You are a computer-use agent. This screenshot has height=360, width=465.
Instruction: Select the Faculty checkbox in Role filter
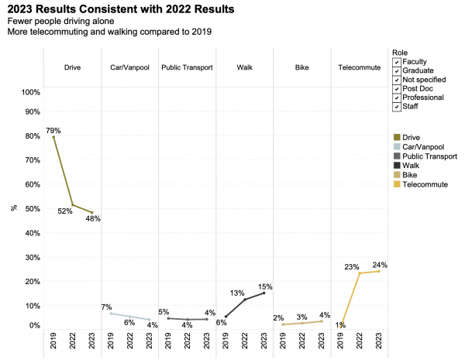point(397,61)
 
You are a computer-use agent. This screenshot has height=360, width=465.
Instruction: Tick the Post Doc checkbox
point(397,88)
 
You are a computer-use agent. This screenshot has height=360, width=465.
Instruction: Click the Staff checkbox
point(397,106)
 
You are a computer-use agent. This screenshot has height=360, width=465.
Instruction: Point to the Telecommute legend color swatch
point(397,184)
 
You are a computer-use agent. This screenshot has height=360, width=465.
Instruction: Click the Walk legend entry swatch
point(397,166)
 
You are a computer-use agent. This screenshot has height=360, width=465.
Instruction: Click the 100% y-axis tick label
point(29,92)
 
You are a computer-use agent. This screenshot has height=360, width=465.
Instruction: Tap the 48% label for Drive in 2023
point(94,218)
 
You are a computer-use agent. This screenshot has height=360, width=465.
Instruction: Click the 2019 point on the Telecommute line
point(341,324)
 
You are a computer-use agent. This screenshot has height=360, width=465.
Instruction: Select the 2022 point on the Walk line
point(245,300)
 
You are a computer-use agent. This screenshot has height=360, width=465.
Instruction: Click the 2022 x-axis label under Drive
point(72,343)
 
